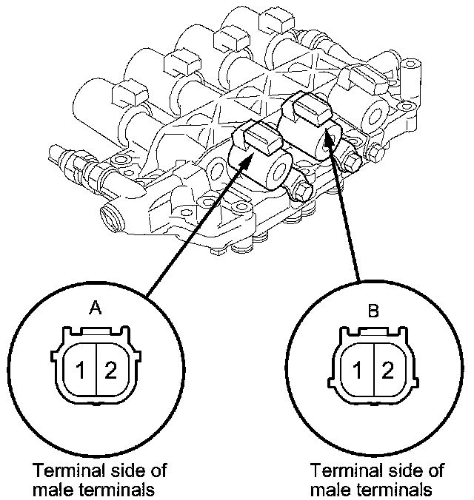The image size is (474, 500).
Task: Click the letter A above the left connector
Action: [x=96, y=308]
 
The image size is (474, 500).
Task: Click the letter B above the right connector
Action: [x=373, y=310]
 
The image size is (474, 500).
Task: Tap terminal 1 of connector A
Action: [x=81, y=371]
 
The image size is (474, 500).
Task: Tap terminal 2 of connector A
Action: [x=110, y=371]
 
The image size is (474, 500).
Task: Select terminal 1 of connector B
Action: [x=358, y=371]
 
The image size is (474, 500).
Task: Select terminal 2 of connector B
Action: [x=387, y=371]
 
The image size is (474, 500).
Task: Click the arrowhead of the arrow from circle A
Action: [x=247, y=162]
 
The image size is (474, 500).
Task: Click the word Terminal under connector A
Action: [x=69, y=470]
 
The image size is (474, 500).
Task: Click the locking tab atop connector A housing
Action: [x=96, y=331]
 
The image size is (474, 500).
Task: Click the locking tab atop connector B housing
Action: [x=374, y=331]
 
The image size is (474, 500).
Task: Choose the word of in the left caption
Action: [x=158, y=470]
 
